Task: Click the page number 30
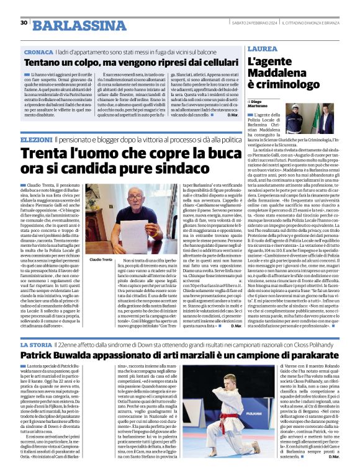(x=24, y=23)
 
